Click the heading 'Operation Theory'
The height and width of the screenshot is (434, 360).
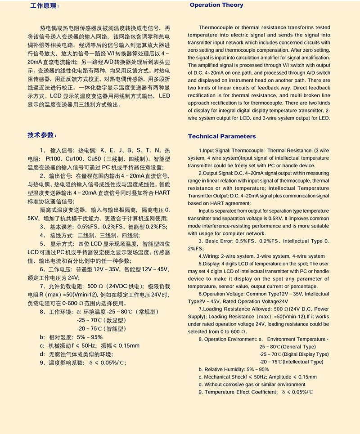[216, 5]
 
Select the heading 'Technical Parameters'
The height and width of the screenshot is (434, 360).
[222, 136]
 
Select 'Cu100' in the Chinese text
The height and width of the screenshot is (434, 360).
[76, 159]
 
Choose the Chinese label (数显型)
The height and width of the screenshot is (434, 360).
[113, 320]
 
